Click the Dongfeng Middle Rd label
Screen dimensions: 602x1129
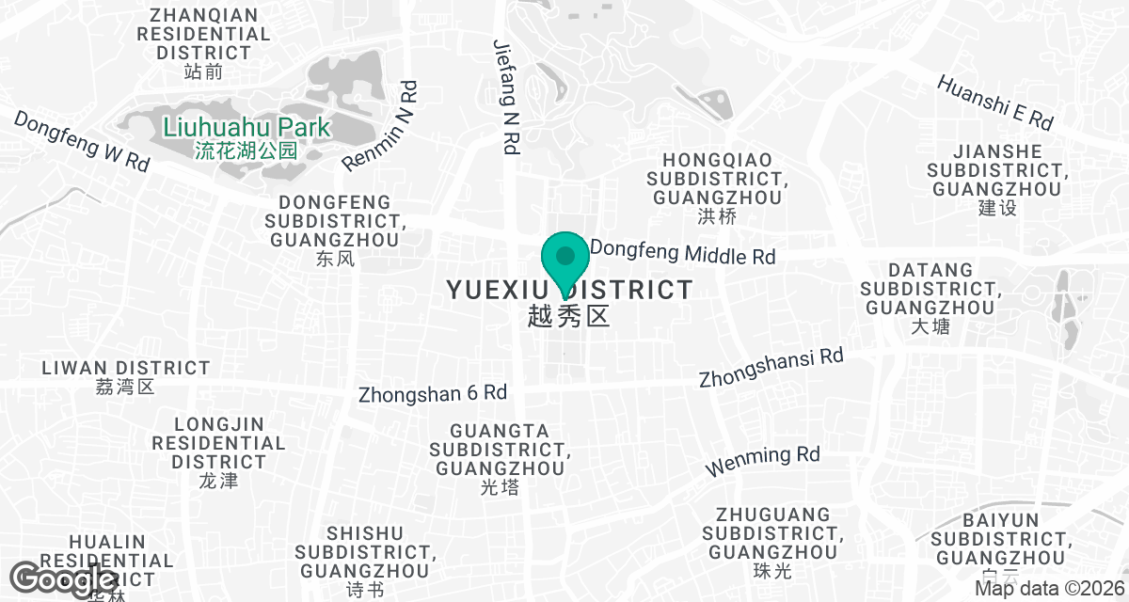[x=683, y=253]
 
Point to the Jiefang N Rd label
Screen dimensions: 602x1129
[x=507, y=96]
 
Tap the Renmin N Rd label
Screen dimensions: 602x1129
[x=380, y=127]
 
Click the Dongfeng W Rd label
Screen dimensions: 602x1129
[x=82, y=141]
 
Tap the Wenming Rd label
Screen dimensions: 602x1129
[x=763, y=461]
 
